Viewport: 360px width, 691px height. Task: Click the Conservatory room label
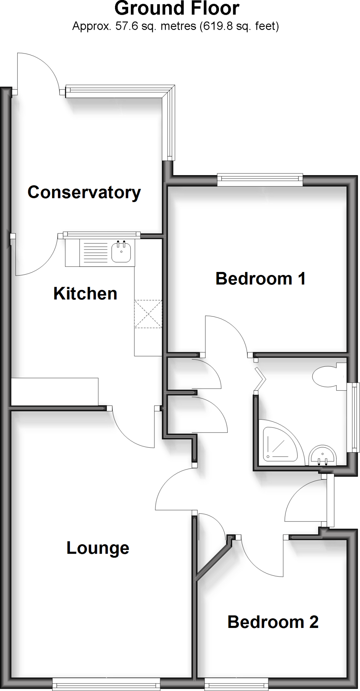[84, 192]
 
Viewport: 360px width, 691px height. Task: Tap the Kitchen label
[85, 294]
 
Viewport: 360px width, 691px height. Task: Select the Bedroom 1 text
[260, 279]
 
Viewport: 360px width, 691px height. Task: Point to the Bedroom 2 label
[273, 622]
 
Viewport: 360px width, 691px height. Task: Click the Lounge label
[98, 548]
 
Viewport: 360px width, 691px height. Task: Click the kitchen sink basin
[121, 252]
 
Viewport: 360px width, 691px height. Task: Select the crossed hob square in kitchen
[148, 314]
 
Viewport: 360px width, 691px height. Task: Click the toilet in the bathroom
[327, 377]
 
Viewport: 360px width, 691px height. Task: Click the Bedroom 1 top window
[260, 179]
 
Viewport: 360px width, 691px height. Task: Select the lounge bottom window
[106, 685]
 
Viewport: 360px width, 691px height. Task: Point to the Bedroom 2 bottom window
[236, 685]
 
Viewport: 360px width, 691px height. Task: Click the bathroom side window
[354, 417]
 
